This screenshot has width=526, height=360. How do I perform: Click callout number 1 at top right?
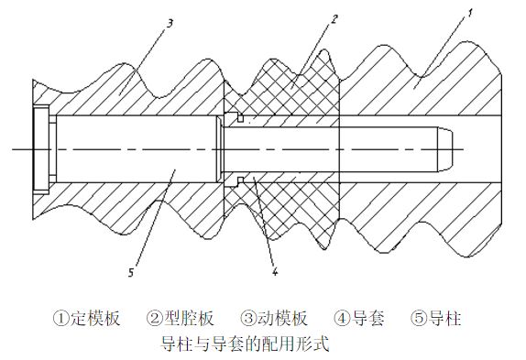(470, 14)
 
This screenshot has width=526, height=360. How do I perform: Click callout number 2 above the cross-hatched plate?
(334, 19)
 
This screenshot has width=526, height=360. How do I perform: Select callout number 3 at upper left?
(170, 24)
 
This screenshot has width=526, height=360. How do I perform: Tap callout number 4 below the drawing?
(275, 271)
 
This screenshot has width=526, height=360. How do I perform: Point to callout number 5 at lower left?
(131, 272)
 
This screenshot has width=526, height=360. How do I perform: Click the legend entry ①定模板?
(86, 318)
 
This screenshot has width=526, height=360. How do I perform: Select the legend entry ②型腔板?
(181, 318)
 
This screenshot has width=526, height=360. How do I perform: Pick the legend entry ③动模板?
(274, 318)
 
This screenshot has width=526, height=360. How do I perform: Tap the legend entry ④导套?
(359, 318)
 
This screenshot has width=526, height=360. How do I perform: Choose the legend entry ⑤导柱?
(436, 318)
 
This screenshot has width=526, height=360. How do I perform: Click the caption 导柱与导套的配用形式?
(245, 344)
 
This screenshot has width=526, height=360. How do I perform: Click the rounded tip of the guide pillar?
(445, 149)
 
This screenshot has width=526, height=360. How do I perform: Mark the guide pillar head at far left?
(41, 149)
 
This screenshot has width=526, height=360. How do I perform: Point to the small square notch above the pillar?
(240, 118)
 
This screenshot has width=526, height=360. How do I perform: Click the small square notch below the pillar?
(240, 180)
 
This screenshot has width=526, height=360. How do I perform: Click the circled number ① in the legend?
(60, 318)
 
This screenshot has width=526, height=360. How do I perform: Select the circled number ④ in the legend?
(342, 318)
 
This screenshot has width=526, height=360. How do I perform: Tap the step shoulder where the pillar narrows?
(219, 149)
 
